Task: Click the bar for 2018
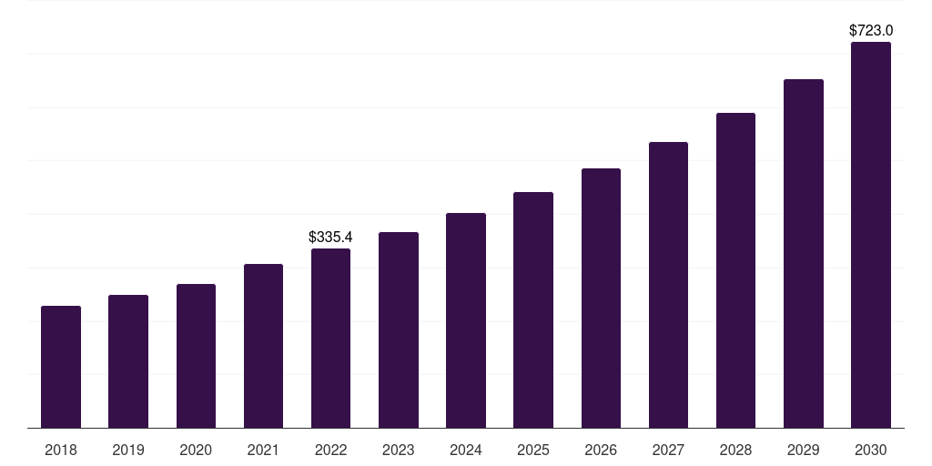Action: (61, 367)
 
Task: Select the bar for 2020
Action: (196, 356)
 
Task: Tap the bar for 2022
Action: (330, 339)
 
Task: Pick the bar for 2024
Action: (466, 320)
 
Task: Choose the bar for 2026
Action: (601, 299)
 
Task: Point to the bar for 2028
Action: (735, 270)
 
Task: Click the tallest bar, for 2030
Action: (871, 235)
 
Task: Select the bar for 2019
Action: (128, 361)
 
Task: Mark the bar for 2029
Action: (804, 254)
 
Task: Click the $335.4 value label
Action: (330, 238)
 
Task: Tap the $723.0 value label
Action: (871, 31)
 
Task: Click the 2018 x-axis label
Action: (61, 451)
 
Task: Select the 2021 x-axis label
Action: (263, 451)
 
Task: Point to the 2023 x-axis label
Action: (399, 451)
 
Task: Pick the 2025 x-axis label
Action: (533, 451)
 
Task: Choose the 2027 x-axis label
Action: (668, 451)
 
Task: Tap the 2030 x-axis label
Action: (871, 451)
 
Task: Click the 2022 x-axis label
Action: (330, 451)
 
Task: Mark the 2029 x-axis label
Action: (804, 451)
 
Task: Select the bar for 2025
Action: (533, 310)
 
